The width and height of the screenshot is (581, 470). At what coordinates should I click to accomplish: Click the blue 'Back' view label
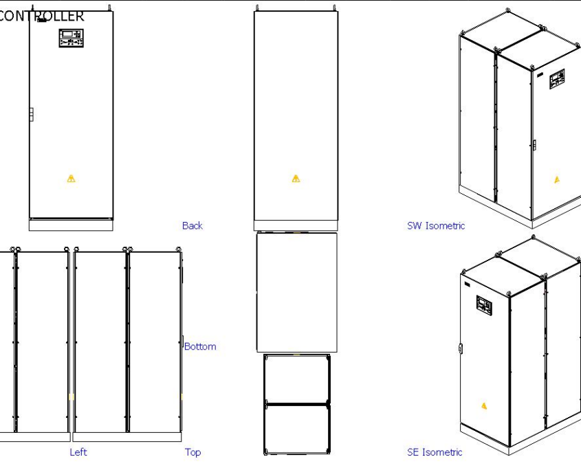click(x=192, y=225)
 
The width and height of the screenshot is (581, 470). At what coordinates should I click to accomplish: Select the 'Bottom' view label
click(x=200, y=346)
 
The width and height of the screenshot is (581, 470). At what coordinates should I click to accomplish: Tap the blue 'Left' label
click(x=78, y=452)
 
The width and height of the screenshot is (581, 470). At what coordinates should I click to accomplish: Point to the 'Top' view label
click(x=193, y=452)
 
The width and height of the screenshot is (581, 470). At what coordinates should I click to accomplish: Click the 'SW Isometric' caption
click(x=436, y=225)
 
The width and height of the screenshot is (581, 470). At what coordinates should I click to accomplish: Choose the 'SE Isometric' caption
click(x=435, y=452)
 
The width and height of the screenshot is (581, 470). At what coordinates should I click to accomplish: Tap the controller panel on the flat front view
click(x=72, y=38)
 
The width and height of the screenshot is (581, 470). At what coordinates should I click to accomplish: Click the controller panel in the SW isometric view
click(x=556, y=80)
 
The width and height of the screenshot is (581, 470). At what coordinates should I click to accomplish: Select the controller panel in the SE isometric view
click(x=485, y=305)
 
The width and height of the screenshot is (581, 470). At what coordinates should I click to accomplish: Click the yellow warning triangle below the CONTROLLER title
click(x=71, y=179)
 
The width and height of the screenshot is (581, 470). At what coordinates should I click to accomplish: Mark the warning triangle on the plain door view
click(x=296, y=179)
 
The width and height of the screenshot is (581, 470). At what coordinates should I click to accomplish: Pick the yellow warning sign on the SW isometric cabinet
click(x=557, y=180)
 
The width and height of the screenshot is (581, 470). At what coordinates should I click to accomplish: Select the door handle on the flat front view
click(x=31, y=115)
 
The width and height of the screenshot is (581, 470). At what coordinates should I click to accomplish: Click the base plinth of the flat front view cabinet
click(x=71, y=225)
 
